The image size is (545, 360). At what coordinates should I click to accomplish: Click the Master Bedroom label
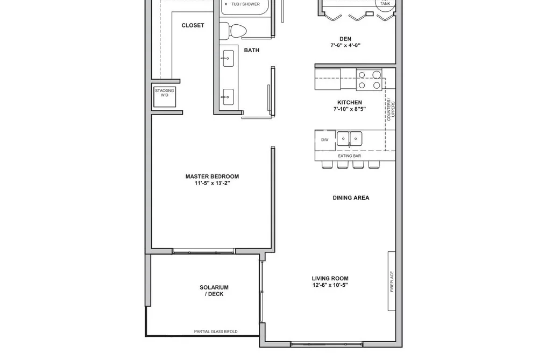click(x=212, y=177)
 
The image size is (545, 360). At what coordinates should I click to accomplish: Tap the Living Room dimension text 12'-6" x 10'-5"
click(x=330, y=285)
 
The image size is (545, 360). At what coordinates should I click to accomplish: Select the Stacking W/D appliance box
click(x=165, y=97)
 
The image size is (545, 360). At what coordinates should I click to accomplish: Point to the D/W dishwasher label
click(x=324, y=140)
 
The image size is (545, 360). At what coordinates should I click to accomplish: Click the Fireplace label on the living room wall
click(x=392, y=281)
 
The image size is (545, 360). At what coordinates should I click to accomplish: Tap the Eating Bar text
click(x=349, y=156)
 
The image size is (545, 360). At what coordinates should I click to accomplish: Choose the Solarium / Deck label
click(x=214, y=291)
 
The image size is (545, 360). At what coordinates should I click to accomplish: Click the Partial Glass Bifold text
click(x=216, y=331)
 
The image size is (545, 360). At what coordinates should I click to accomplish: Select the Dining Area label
click(x=351, y=197)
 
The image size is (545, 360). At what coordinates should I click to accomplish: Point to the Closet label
click(x=193, y=25)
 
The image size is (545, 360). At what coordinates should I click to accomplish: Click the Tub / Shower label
click(x=245, y=4)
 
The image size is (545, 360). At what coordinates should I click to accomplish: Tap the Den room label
click(x=345, y=39)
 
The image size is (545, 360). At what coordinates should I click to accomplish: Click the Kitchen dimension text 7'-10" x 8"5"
click(x=349, y=109)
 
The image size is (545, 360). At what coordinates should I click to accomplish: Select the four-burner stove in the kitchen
click(x=369, y=80)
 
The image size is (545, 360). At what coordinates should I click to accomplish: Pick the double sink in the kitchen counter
click(x=349, y=139)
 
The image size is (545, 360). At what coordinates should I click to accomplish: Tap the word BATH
click(x=251, y=51)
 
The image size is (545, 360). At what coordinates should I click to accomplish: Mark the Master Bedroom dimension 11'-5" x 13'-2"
click(x=212, y=183)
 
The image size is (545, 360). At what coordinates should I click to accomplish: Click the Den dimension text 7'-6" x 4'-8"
click(x=345, y=45)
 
